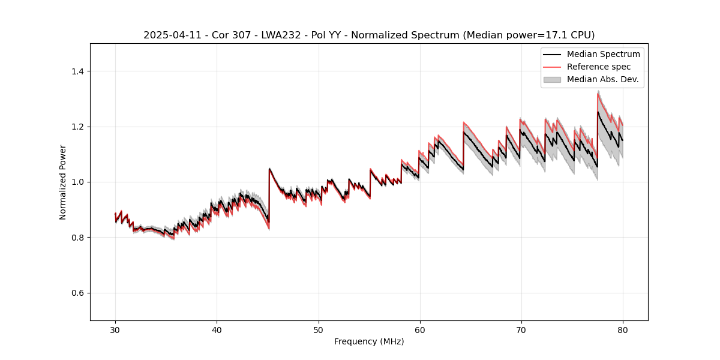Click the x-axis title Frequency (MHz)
369,341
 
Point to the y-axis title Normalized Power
63,182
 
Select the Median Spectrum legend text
603,54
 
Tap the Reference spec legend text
599,67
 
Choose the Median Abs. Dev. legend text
602,79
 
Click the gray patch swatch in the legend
552,79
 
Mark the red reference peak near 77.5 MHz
598,94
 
